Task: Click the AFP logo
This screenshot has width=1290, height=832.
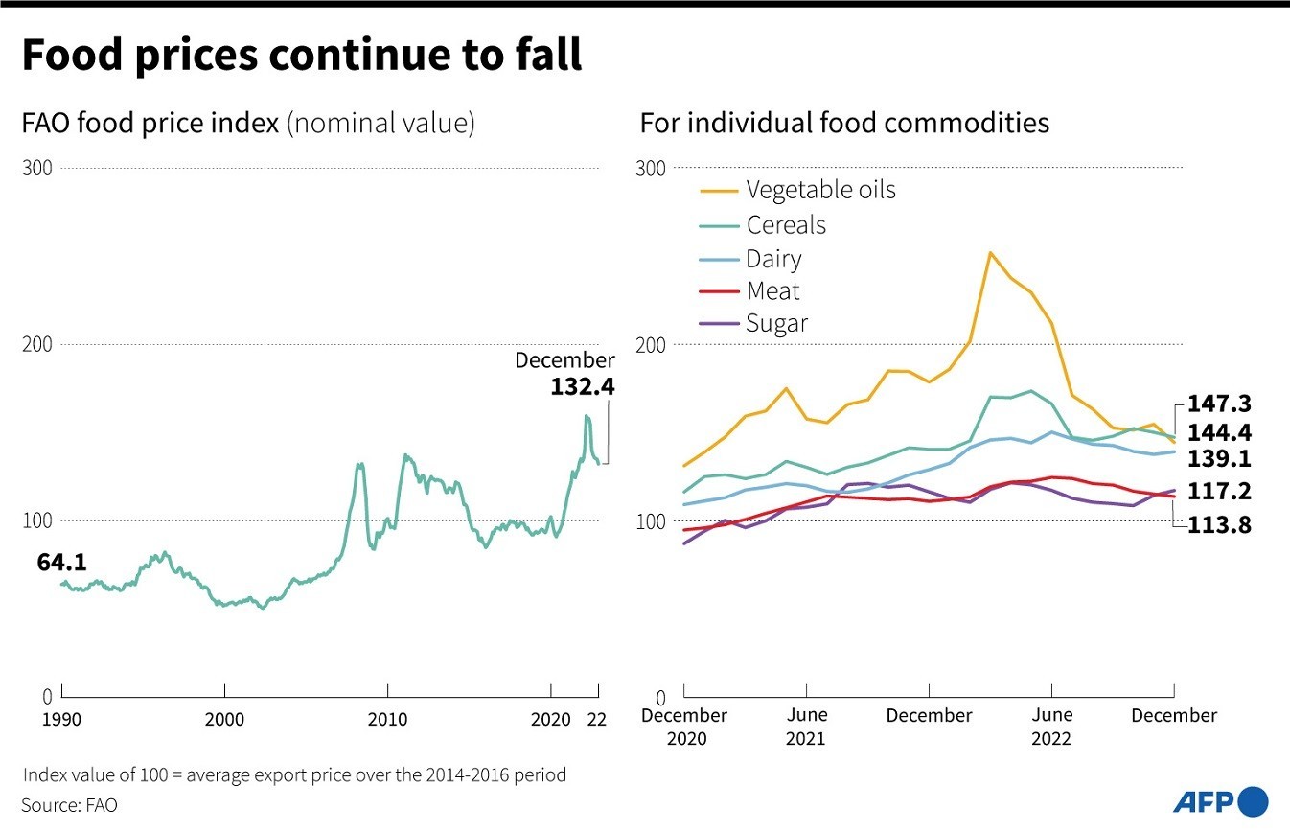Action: (1219, 801)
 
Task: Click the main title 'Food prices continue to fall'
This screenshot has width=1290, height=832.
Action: (301, 56)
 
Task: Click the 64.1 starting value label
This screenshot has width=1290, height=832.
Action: (61, 563)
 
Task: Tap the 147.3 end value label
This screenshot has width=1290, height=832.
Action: (1219, 404)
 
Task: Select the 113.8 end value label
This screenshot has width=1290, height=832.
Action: (1219, 524)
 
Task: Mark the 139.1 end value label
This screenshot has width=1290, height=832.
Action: (1219, 459)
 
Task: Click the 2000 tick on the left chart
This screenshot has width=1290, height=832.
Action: (224, 720)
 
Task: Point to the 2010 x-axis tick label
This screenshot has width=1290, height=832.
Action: (387, 720)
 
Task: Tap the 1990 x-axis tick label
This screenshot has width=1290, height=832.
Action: (61, 720)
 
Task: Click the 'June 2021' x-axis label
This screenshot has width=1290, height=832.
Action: (805, 727)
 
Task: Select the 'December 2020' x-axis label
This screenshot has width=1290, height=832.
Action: (684, 727)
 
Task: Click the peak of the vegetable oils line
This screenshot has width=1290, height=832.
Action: (990, 253)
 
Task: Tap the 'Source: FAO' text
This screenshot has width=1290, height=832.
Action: (69, 805)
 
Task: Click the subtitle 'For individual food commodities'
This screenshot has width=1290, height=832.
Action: (844, 124)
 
